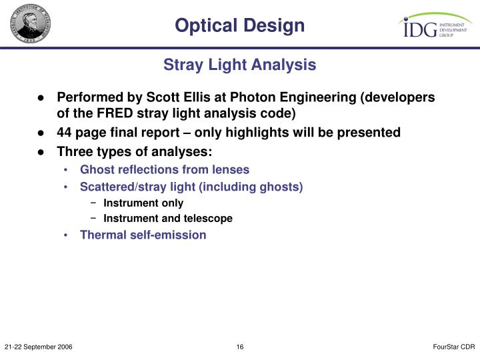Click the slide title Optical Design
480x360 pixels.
[240, 25]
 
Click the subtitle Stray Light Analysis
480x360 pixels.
[240, 65]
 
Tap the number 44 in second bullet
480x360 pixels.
[65, 133]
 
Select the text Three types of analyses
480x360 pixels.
[134, 151]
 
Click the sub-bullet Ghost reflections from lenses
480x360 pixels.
[165, 170]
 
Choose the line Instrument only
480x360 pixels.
[143, 203]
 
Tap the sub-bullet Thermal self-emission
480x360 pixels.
[143, 235]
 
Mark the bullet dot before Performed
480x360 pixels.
[41, 98]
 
